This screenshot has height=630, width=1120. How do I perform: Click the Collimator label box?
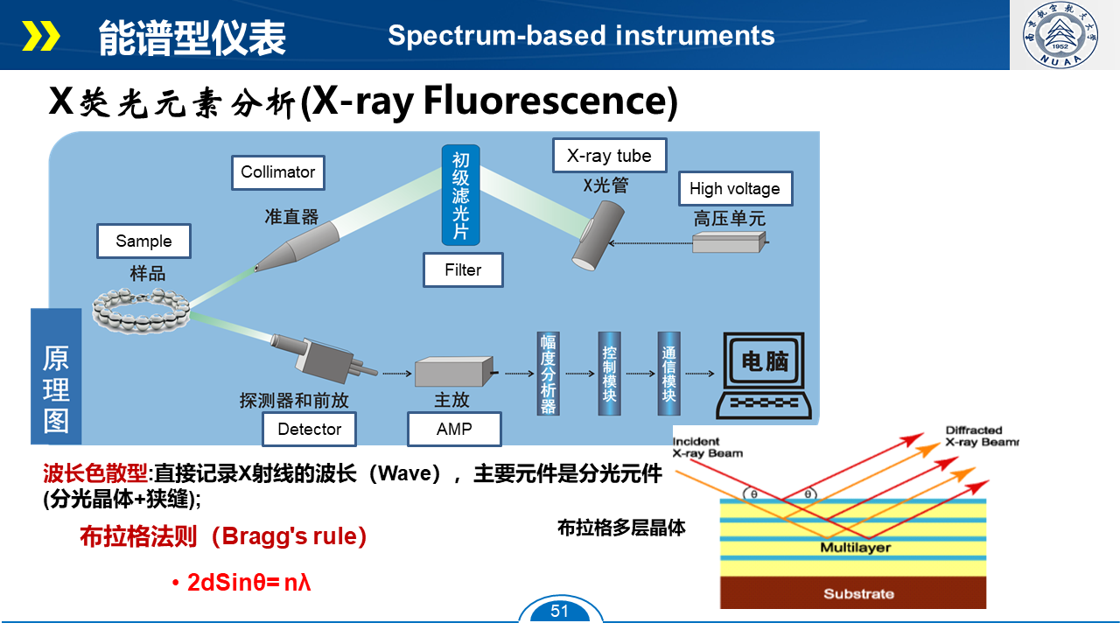(277, 172)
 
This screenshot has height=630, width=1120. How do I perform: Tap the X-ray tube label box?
(609, 156)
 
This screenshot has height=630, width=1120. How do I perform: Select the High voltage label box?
(734, 188)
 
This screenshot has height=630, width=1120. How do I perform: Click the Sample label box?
(143, 241)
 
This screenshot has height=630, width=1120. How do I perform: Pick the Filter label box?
(463, 270)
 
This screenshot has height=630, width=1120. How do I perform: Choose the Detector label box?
(309, 429)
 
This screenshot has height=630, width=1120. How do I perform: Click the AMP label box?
(453, 429)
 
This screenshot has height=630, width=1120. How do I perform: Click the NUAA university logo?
(1064, 35)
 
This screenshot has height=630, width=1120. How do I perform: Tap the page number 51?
(560, 611)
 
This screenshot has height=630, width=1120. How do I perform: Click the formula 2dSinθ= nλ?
(249, 582)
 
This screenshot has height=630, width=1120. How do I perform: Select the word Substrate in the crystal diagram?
(858, 594)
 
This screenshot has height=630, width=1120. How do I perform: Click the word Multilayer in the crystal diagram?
(855, 548)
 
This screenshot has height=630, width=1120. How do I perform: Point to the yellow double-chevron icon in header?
(41, 36)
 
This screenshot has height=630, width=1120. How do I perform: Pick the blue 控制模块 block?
(609, 373)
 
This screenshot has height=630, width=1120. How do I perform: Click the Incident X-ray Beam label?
(707, 447)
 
